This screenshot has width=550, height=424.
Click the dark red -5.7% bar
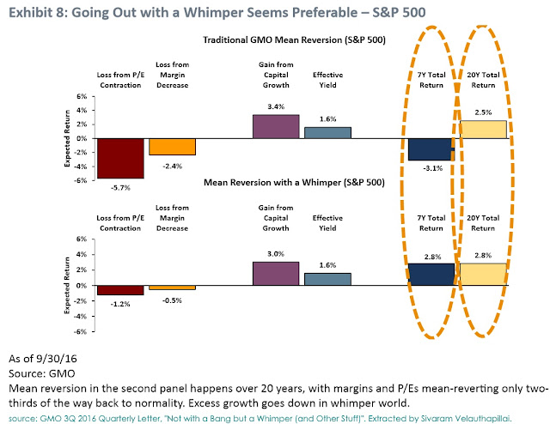120,158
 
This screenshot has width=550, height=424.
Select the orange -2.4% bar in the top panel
172,146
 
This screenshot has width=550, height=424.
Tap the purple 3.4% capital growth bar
275,126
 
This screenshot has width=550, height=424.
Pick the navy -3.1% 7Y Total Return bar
430,148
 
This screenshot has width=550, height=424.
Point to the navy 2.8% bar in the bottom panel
430,274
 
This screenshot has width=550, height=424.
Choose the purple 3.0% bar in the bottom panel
275,273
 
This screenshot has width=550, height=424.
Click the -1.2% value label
120,303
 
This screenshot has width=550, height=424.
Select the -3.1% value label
430,168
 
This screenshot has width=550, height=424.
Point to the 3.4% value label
275,107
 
